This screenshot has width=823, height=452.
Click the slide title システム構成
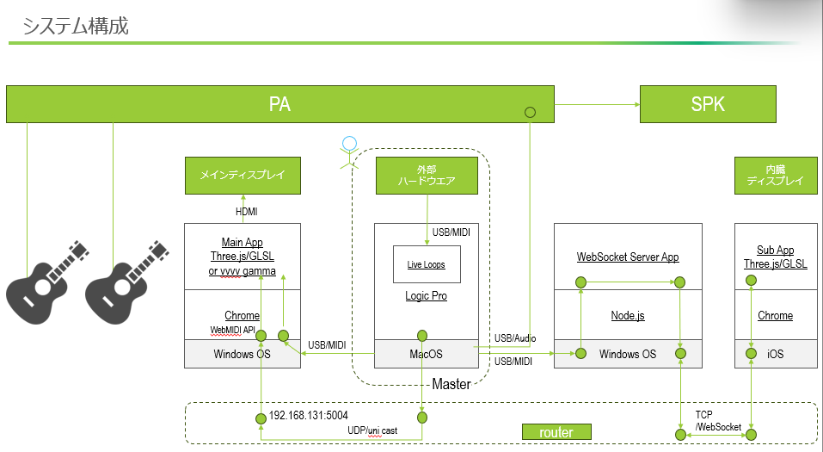(76, 26)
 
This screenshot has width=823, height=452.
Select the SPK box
(708, 104)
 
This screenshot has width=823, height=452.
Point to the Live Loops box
(427, 264)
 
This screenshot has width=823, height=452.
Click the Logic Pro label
(427, 296)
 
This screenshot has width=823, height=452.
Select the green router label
(556, 432)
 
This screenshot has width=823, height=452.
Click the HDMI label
(247, 211)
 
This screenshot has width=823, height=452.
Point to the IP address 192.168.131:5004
(308, 414)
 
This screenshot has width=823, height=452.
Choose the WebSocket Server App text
(628, 257)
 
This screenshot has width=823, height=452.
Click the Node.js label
(628, 316)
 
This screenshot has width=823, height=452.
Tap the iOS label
(776, 354)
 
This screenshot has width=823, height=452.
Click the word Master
(451, 384)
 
